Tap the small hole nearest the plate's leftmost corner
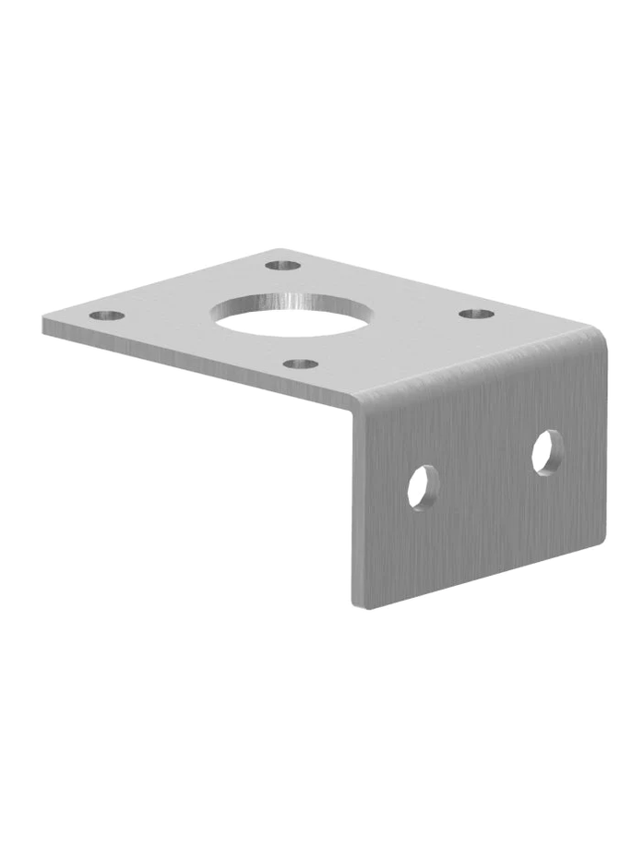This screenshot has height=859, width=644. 107,316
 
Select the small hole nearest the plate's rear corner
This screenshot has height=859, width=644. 282,266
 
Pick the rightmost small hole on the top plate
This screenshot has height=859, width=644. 476,314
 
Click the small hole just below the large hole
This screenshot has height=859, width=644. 300,364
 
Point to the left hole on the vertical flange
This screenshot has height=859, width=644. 423,486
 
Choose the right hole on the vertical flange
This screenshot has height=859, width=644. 547,452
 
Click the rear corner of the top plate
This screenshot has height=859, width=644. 277,249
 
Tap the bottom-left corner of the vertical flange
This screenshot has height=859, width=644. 354,606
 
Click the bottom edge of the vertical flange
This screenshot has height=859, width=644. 480,573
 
